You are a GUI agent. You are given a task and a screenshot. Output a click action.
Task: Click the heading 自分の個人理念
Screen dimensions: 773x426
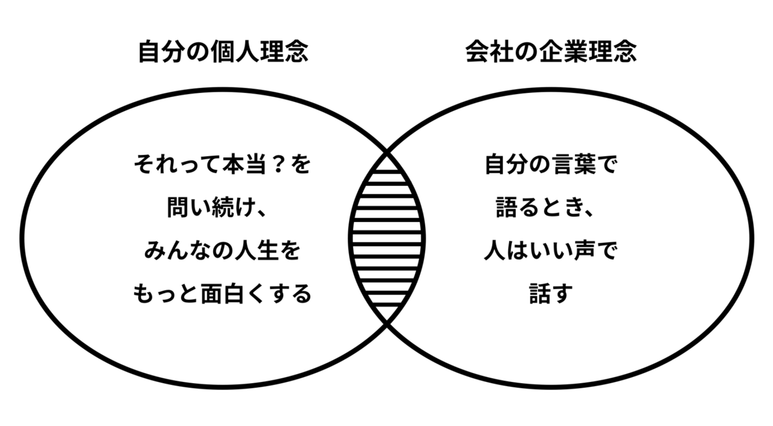(x=223, y=52)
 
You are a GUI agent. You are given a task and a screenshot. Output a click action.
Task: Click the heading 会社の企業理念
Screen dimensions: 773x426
(x=551, y=52)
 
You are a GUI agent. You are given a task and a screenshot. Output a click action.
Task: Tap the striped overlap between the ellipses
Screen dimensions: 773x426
(x=387, y=238)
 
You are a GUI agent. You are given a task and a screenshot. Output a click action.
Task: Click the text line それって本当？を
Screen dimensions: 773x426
(x=223, y=165)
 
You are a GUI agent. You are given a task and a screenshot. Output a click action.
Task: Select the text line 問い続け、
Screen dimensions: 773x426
(x=217, y=207)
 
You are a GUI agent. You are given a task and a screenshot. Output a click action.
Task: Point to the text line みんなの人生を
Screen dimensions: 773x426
(x=222, y=250)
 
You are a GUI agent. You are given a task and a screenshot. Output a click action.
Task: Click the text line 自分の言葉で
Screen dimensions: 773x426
(x=551, y=165)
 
